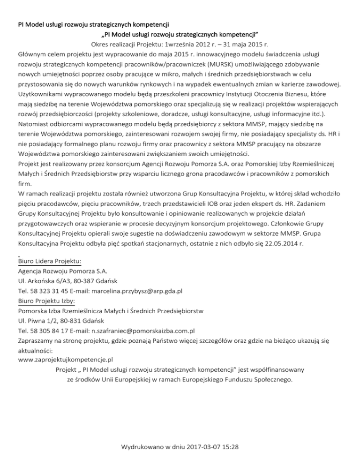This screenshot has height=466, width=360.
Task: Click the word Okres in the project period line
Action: pyautogui.click(x=101, y=45)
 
